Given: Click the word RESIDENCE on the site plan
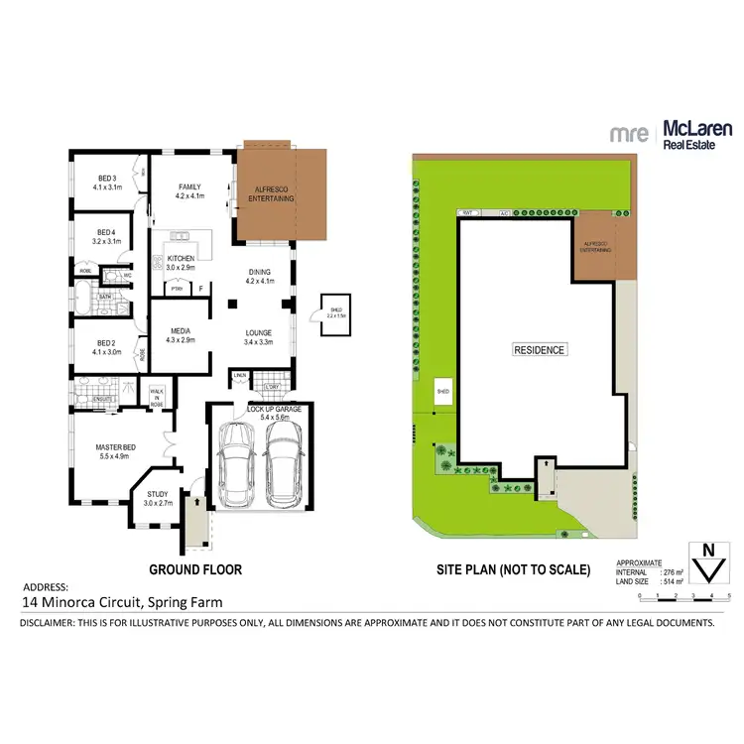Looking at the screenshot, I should (x=539, y=350).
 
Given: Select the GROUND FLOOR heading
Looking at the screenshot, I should (x=195, y=569).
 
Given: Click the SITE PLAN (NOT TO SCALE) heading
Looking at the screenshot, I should (x=514, y=569).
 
